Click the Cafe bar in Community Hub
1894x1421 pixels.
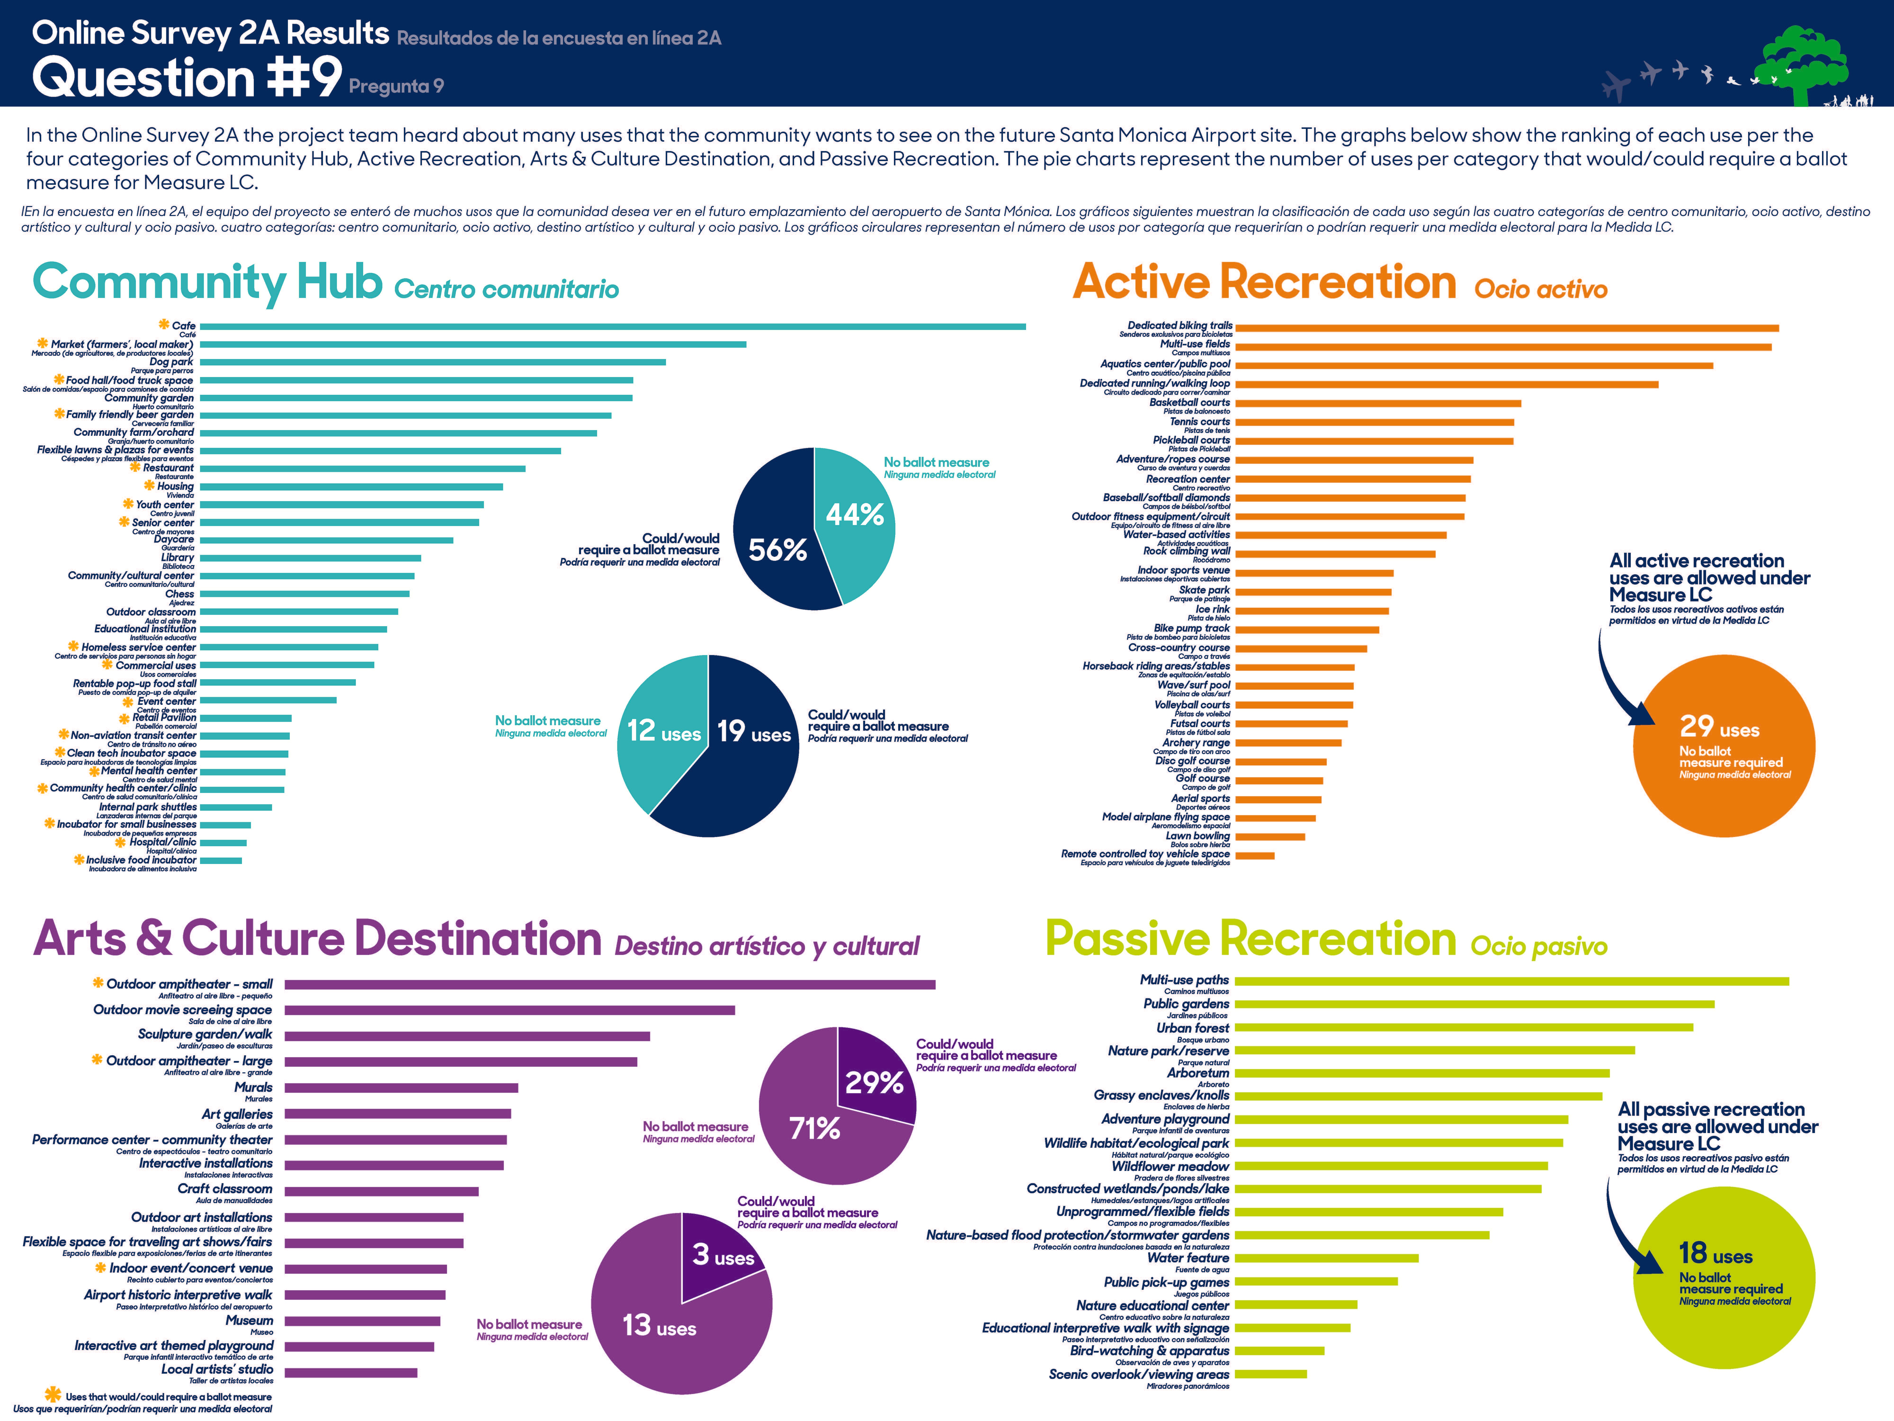pyautogui.click(x=612, y=326)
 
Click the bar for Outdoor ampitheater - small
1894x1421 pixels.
pyautogui.click(x=610, y=985)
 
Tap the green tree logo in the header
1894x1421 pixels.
pyautogui.click(x=1798, y=64)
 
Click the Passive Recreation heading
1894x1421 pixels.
pyautogui.click(x=1250, y=940)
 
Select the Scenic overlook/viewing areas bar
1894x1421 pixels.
pyautogui.click(x=1271, y=1374)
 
